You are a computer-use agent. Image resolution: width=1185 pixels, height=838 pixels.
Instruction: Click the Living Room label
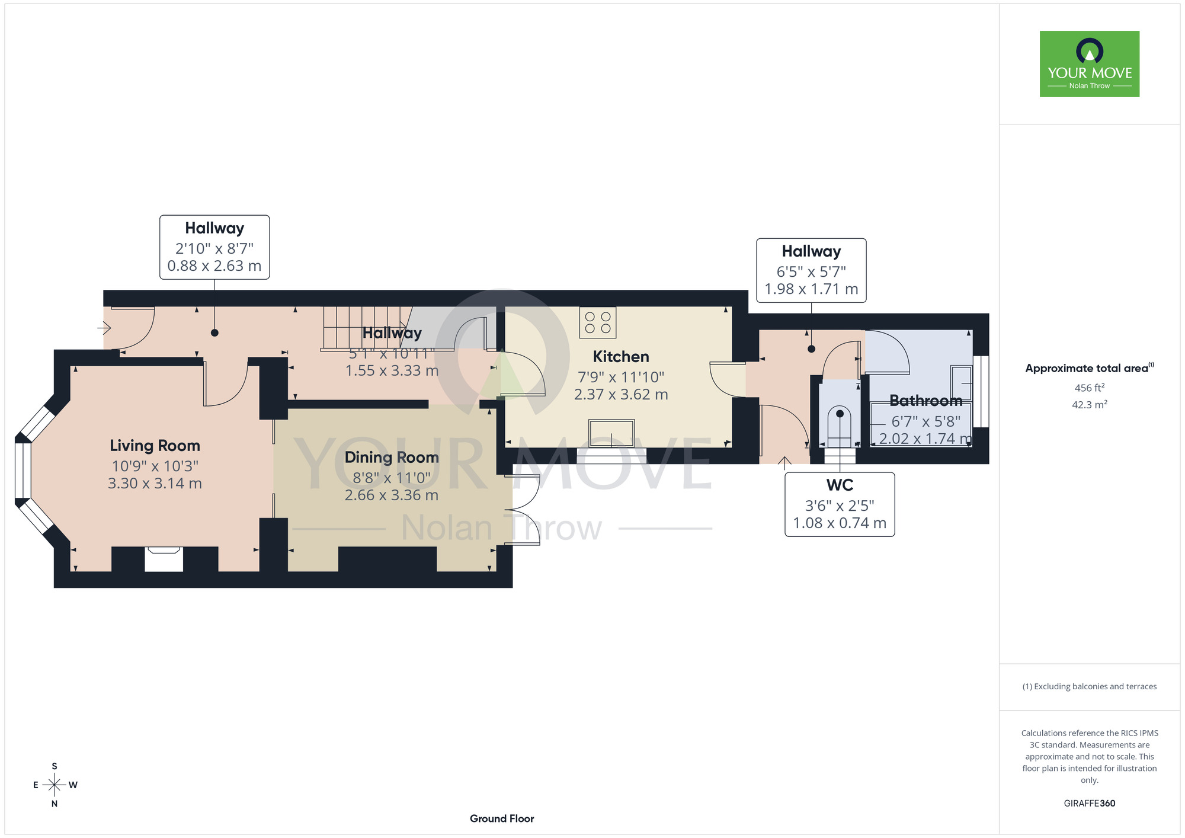tap(155, 446)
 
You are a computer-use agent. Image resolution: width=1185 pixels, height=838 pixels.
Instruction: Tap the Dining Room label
tap(392, 458)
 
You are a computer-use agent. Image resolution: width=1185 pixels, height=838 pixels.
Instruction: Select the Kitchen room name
tap(621, 357)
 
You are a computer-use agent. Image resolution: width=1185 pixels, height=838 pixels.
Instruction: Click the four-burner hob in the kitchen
tap(598, 322)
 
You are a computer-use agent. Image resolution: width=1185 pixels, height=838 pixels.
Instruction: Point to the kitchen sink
tap(611, 433)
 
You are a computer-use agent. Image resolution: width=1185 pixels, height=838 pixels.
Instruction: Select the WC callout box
tap(840, 504)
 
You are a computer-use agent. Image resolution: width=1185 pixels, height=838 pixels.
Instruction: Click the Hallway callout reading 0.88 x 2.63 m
tap(214, 247)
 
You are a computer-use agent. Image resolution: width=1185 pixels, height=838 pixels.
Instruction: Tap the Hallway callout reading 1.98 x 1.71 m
tap(811, 270)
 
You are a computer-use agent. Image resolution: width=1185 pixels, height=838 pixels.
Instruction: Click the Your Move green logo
tap(1090, 64)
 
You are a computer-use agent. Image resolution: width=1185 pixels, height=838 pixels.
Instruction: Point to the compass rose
tap(55, 785)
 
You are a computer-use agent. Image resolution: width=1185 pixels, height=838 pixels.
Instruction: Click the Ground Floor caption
tap(502, 818)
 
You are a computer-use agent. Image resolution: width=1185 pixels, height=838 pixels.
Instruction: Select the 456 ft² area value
tap(1090, 388)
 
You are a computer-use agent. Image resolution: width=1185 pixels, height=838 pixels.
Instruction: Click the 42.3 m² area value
tap(1090, 405)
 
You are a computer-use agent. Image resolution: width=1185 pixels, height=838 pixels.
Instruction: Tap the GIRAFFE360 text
tap(1090, 804)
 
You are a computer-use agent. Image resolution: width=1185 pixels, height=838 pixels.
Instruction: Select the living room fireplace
tap(164, 559)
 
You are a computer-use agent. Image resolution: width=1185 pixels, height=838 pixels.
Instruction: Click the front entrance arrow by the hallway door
tap(104, 327)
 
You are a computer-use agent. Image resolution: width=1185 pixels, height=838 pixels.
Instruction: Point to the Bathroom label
tap(925, 401)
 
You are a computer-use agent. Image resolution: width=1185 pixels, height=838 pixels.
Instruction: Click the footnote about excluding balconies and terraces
tap(1090, 686)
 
